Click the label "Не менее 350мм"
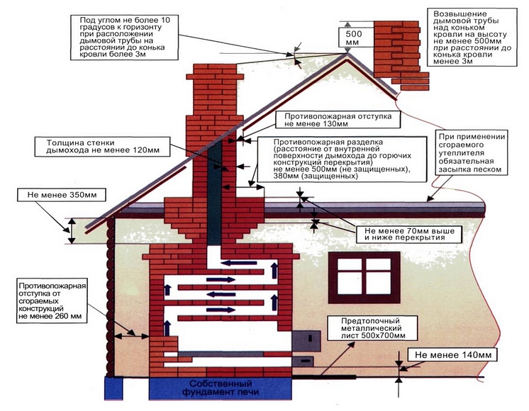point(62,195)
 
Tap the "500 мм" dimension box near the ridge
point(354,38)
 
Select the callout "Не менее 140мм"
point(452,355)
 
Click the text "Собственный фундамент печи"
point(221,388)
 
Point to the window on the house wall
point(364,278)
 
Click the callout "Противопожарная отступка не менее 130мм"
point(338,120)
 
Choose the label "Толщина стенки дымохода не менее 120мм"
point(103,146)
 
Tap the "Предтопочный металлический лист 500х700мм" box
point(373,327)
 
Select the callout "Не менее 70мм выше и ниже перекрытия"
point(409,235)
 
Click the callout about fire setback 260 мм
point(52,301)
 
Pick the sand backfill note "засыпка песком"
point(469,169)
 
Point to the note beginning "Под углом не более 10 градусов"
point(124,37)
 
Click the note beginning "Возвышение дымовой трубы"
point(472,37)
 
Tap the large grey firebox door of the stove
point(306,341)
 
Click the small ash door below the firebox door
point(303,361)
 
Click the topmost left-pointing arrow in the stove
point(238,263)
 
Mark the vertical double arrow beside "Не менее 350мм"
point(72,230)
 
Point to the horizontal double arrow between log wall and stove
point(132,336)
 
